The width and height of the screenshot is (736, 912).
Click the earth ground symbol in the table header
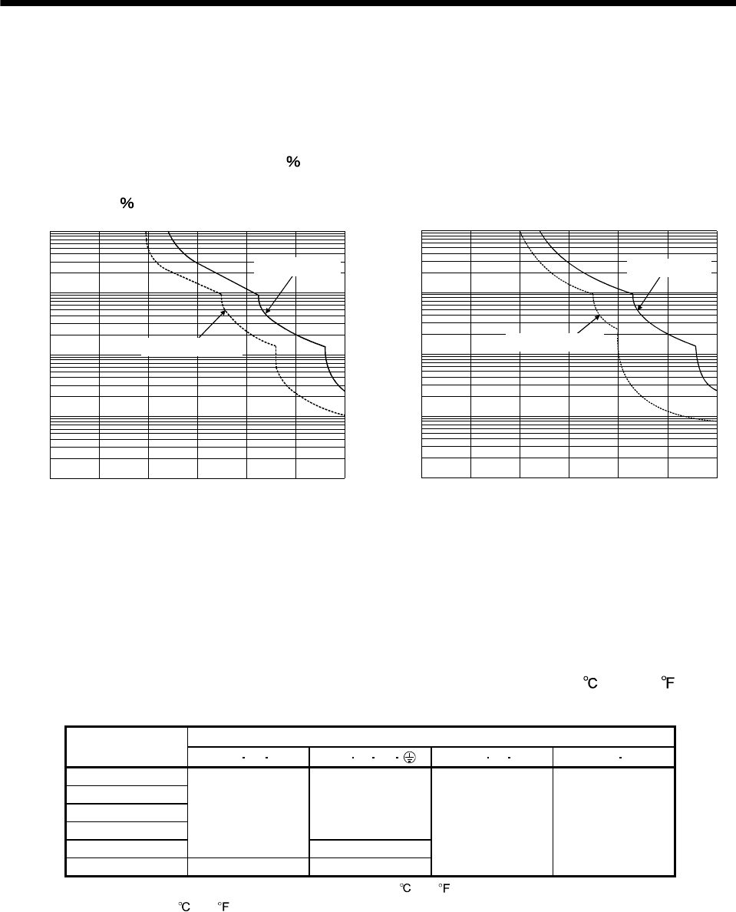tap(410, 757)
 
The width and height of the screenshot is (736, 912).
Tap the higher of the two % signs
tap(292, 162)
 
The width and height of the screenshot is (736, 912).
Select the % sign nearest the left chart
tap(127, 203)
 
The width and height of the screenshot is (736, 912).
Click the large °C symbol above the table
tap(589, 683)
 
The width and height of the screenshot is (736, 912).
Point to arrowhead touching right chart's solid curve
tap(639, 309)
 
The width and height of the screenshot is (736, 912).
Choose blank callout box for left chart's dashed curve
tap(192, 346)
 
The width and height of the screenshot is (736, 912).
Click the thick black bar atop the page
tap(368, 3)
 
